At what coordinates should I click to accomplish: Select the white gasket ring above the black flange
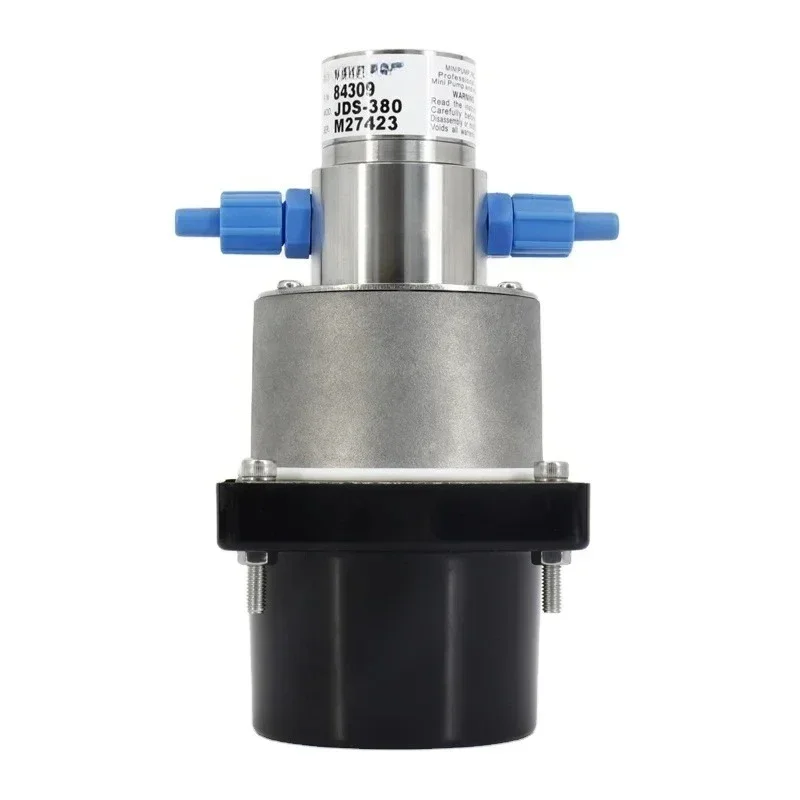click(400, 473)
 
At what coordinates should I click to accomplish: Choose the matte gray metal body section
click(400, 370)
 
